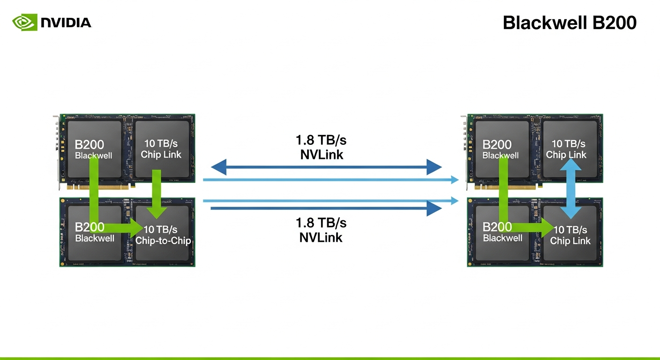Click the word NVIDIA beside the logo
click(x=66, y=22)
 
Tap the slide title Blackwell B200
click(x=570, y=22)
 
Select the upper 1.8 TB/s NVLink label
click(x=322, y=147)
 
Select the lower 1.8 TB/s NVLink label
click(x=321, y=230)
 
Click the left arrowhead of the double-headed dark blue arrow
click(x=219, y=166)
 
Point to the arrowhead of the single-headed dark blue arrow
click(x=434, y=208)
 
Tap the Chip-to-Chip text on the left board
click(x=163, y=241)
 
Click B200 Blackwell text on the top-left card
click(x=93, y=149)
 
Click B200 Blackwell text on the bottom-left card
click(x=94, y=232)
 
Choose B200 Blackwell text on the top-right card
click(x=501, y=149)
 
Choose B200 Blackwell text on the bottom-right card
click(x=502, y=232)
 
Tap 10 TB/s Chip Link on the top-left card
click(x=161, y=149)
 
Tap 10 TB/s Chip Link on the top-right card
click(x=569, y=149)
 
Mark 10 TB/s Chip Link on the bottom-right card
click(x=570, y=235)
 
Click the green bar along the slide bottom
click(x=330, y=358)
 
